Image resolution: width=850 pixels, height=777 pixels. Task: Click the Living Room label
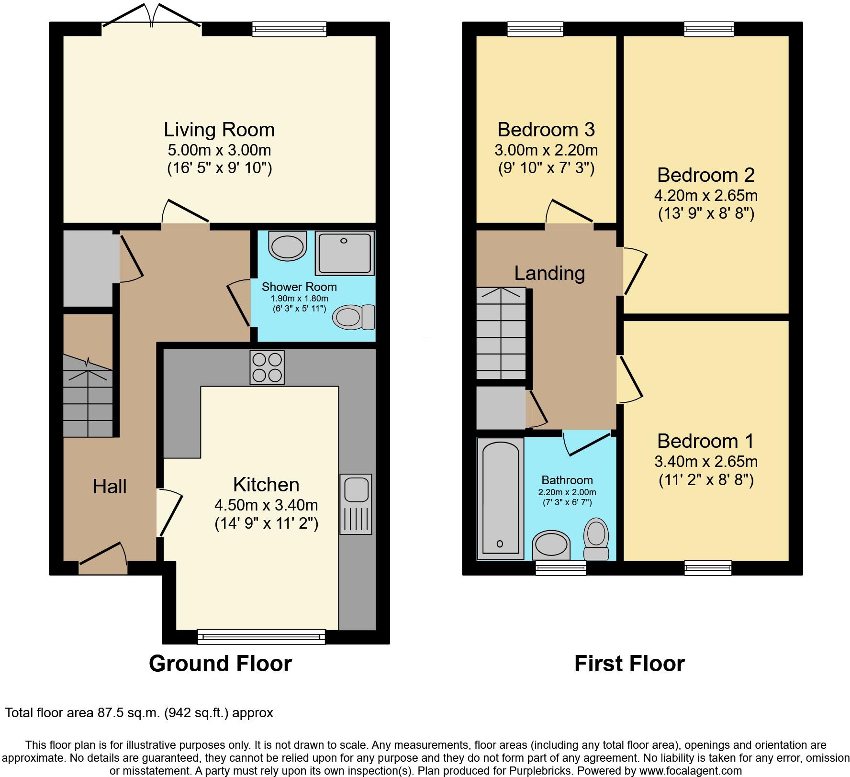pyautogui.click(x=219, y=130)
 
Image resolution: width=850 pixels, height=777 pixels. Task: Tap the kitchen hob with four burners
pyautogui.click(x=267, y=367)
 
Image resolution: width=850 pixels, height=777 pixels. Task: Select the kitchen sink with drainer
pyautogui.click(x=356, y=504)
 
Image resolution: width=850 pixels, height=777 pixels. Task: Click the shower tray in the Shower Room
pyautogui.click(x=345, y=254)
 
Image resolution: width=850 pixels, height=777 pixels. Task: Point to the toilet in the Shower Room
pyautogui.click(x=354, y=317)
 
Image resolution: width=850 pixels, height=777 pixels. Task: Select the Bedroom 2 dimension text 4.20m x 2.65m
pyautogui.click(x=706, y=195)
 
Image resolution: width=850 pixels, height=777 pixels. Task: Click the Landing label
pyautogui.click(x=549, y=273)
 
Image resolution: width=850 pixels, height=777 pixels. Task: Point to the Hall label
pyautogui.click(x=110, y=487)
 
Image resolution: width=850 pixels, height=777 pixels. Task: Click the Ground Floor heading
pyautogui.click(x=220, y=664)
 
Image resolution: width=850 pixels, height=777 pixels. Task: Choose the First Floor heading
pyautogui.click(x=629, y=664)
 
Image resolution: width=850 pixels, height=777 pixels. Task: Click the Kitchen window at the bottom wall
pyautogui.click(x=261, y=636)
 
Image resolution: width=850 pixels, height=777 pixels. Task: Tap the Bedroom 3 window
pyautogui.click(x=536, y=30)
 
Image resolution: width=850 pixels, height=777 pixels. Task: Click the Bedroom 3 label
pyautogui.click(x=546, y=130)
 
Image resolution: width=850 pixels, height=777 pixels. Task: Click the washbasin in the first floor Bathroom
pyautogui.click(x=551, y=544)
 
